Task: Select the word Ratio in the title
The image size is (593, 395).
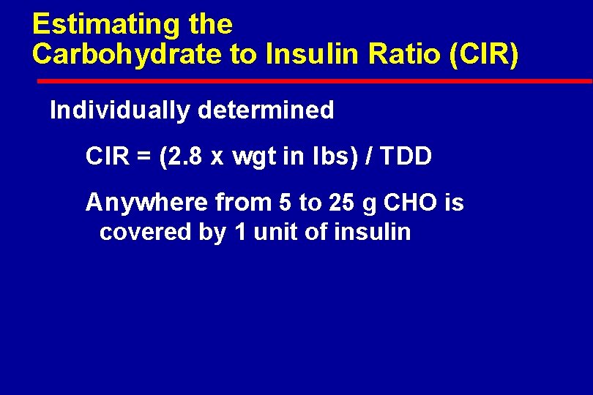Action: click(x=400, y=54)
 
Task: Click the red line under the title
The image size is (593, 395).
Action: click(x=312, y=80)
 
